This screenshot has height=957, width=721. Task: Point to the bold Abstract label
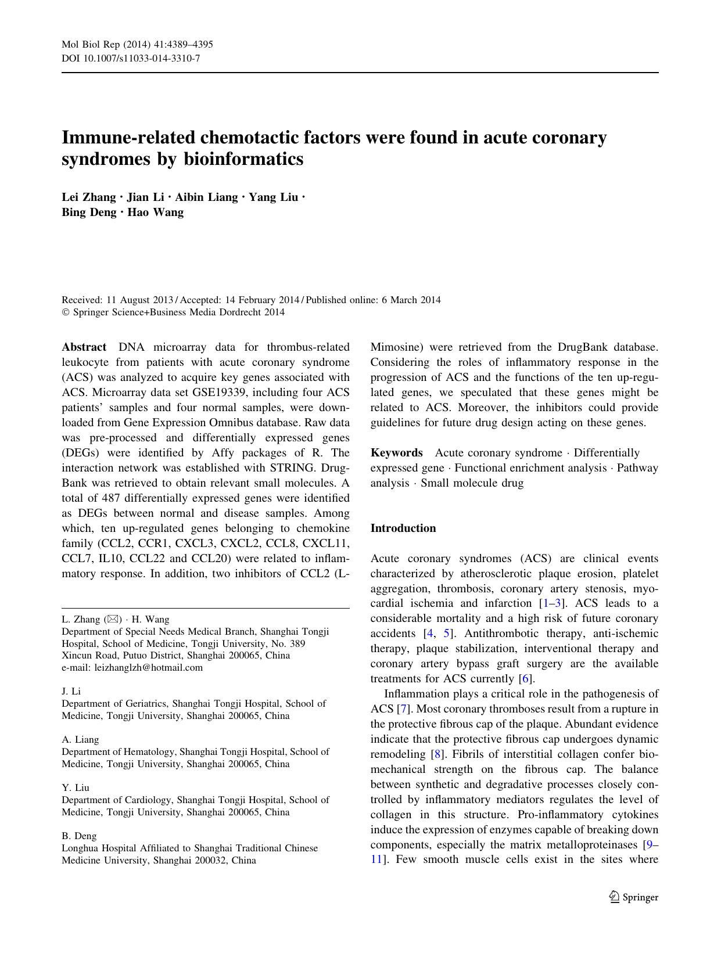pyautogui.click(x=84, y=347)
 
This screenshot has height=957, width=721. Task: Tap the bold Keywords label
pyautogui.click(x=397, y=453)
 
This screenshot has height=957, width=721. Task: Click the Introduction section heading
pyautogui.click(x=403, y=528)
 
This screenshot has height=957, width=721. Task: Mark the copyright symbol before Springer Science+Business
pyautogui.click(x=65, y=312)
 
